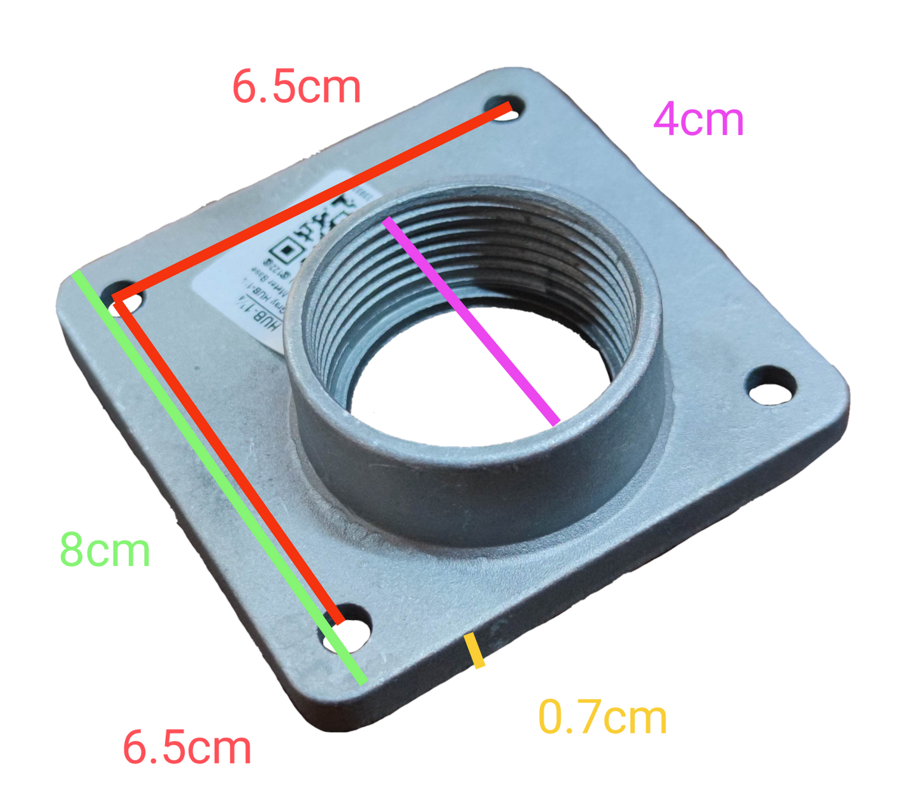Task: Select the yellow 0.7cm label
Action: (x=603, y=718)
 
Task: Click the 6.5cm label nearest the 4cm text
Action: (x=296, y=87)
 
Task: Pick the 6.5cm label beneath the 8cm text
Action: (x=187, y=748)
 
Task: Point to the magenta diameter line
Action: (x=472, y=322)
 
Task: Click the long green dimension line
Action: (x=217, y=475)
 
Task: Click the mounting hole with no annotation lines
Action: (x=771, y=384)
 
